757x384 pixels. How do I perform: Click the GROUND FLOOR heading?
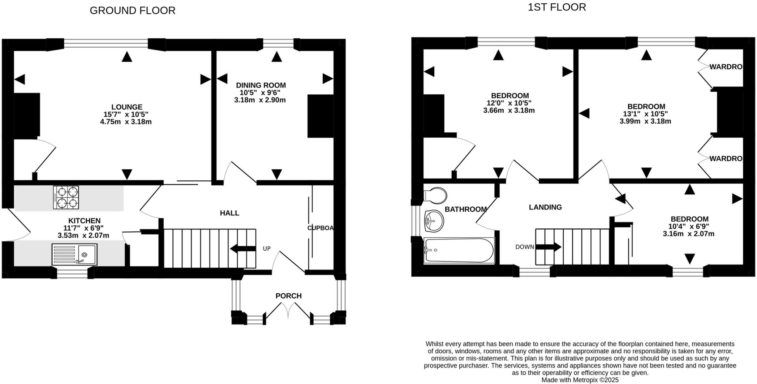[x=132, y=10]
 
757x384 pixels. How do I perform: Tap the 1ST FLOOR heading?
[x=557, y=7]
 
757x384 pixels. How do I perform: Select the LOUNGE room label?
[x=127, y=107]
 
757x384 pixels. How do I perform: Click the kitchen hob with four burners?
[x=66, y=198]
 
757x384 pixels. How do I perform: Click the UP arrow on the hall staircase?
[x=243, y=249]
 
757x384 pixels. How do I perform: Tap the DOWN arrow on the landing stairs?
[x=549, y=247]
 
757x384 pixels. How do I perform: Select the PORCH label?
[x=288, y=296]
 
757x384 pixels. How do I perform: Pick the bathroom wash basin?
[x=434, y=221]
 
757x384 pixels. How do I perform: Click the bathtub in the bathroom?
[x=459, y=250]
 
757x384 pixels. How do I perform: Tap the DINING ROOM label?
[x=261, y=85]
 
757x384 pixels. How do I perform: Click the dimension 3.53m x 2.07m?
[x=83, y=235]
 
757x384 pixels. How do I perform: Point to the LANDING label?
[x=545, y=207]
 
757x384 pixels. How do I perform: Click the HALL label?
[x=229, y=213]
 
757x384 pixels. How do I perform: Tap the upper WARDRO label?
[x=726, y=67]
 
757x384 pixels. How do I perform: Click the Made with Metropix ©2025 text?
[x=580, y=380]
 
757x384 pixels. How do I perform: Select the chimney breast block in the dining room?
[x=320, y=116]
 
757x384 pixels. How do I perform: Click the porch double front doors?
[x=288, y=310]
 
